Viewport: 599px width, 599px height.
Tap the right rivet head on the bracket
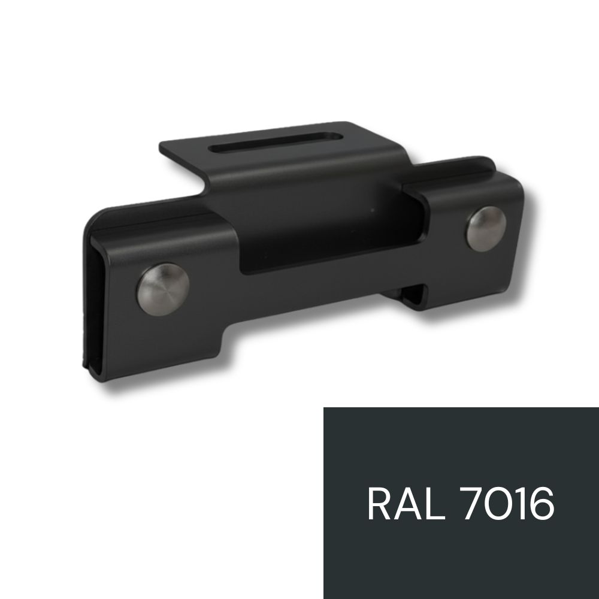click(x=486, y=229)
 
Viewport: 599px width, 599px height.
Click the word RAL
click(x=407, y=504)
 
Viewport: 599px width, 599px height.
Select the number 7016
click(x=509, y=504)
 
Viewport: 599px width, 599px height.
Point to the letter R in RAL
click(x=380, y=504)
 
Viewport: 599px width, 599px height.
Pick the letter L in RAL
click(x=436, y=504)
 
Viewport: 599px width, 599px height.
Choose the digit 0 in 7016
click(x=504, y=504)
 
